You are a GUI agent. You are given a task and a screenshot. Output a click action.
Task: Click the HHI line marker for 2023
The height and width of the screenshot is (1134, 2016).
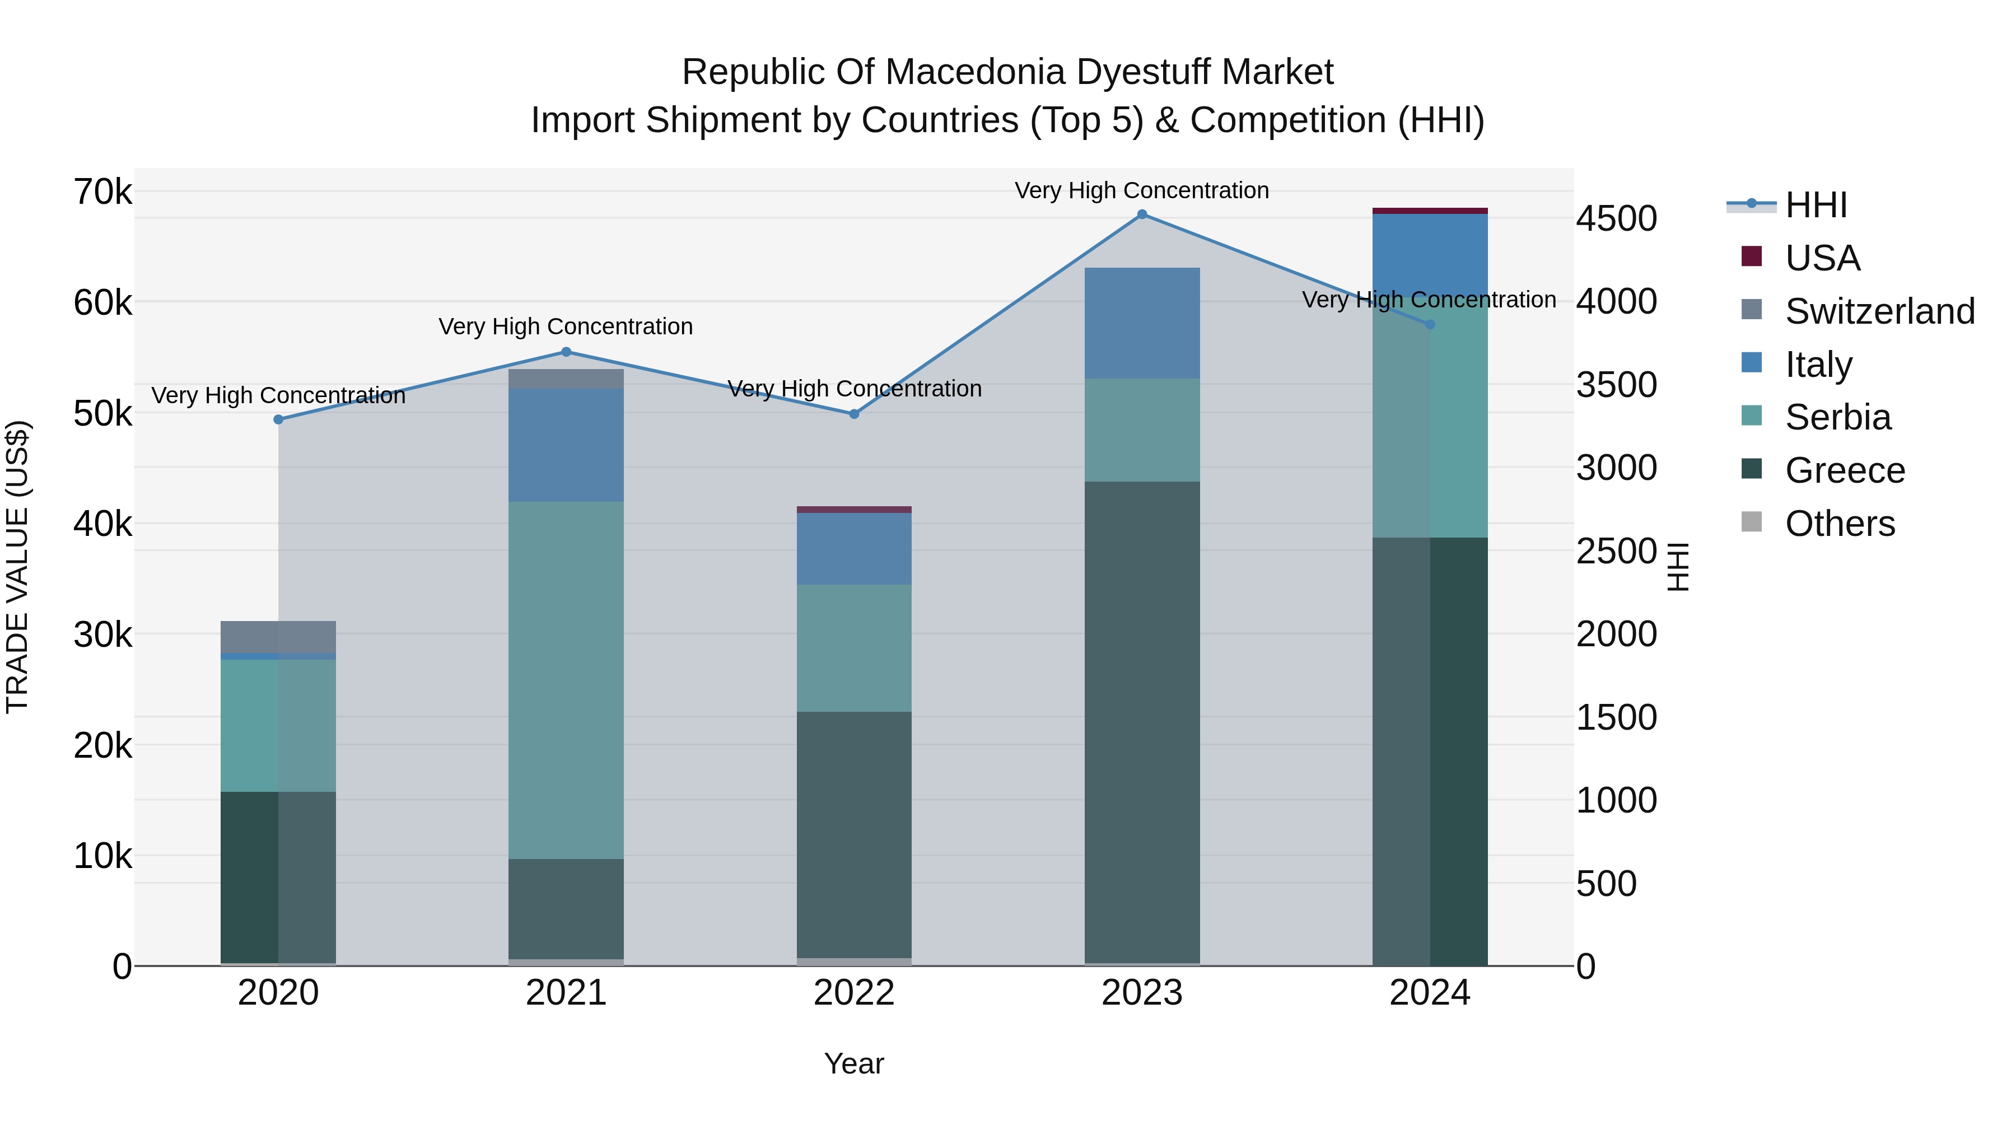[x=1142, y=214]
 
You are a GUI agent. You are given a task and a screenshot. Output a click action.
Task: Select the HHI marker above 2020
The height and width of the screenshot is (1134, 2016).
[x=279, y=419]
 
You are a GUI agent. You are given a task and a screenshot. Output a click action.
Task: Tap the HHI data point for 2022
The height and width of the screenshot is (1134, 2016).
[x=855, y=414]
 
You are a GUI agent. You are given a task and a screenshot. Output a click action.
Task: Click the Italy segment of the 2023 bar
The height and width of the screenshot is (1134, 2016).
[x=1142, y=323]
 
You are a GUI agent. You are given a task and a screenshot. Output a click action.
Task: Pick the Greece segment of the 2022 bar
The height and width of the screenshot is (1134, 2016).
[x=854, y=834]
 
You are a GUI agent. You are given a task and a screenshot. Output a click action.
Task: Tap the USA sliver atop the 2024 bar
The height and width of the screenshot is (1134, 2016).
[x=1430, y=211]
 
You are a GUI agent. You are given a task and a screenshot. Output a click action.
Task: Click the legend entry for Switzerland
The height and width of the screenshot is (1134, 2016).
[x=1879, y=311]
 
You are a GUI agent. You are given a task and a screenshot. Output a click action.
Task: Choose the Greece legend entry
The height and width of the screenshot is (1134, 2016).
[x=1845, y=470]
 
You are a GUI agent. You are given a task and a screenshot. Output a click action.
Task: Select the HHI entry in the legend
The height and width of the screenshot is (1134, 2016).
[x=1816, y=205]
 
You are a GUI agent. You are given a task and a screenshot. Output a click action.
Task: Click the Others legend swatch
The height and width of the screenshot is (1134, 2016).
[x=1752, y=522]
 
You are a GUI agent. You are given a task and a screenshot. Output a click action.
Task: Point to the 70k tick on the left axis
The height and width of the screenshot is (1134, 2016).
[x=102, y=192]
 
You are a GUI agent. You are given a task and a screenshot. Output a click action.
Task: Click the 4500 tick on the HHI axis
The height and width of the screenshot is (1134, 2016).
[x=1616, y=218]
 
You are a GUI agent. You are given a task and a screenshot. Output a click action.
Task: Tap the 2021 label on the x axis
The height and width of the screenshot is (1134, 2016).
[x=566, y=993]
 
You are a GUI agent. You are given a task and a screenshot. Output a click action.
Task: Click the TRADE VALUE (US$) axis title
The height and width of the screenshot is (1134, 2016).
[x=17, y=567]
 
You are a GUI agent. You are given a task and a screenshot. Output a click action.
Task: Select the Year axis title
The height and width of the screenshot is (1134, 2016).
[x=854, y=1063]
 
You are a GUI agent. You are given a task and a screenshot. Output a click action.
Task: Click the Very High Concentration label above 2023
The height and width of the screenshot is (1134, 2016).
[x=1142, y=190]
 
